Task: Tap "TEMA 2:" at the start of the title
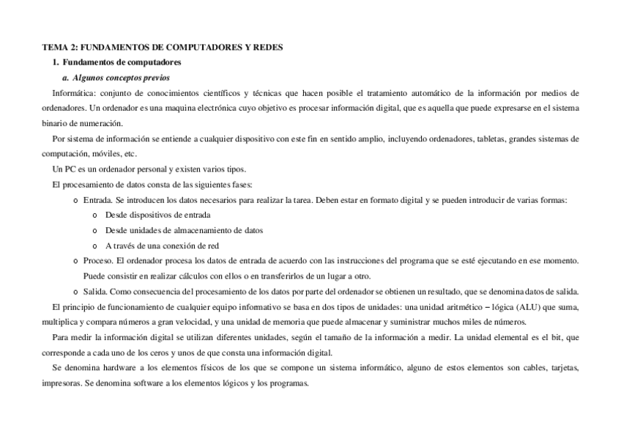pos(56,47)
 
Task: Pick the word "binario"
pos(55,123)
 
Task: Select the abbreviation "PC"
pos(70,169)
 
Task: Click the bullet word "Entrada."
pos(98,200)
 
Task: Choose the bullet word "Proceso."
pos(99,261)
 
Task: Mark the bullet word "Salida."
pos(96,291)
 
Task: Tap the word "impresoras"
pos(61,383)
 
